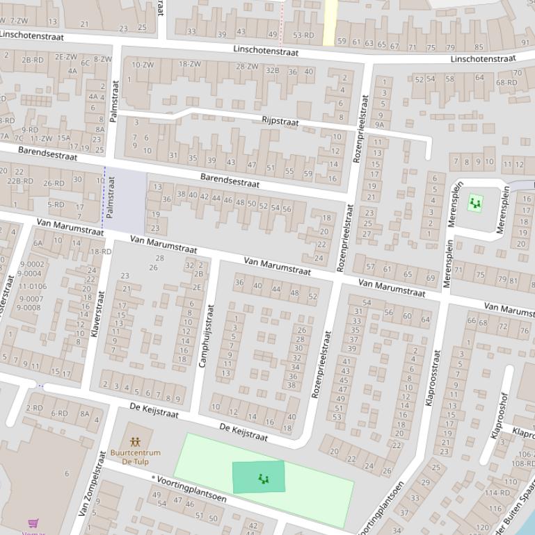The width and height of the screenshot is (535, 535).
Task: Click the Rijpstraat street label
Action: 280,122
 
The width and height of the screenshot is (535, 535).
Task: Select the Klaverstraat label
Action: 97,314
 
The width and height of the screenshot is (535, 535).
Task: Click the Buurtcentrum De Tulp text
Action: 135,457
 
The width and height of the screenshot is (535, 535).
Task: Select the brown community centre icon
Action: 135,441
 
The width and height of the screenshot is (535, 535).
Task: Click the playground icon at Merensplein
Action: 475,203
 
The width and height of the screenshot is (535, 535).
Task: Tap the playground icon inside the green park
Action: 263,478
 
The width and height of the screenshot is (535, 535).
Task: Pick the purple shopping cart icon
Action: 33,523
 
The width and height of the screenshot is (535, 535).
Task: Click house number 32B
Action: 272,70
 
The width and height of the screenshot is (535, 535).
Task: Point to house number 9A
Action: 380,125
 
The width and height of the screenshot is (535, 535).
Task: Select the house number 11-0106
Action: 33,286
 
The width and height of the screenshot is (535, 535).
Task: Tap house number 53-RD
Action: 303,35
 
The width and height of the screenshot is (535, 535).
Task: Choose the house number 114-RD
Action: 497,493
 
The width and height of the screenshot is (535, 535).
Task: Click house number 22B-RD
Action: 19,181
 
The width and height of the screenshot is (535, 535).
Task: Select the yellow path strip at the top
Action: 330,13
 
